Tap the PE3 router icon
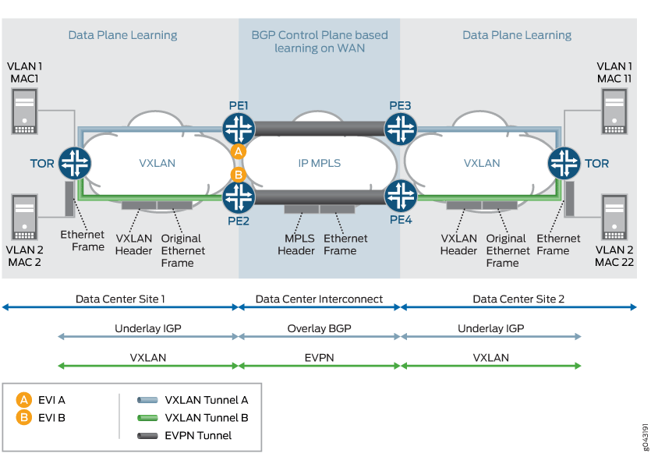pyautogui.click(x=401, y=128)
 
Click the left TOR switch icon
pyautogui.click(x=76, y=164)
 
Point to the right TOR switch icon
pyautogui.click(x=564, y=164)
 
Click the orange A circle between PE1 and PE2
pyautogui.click(x=239, y=152)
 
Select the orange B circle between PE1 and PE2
pyautogui.click(x=239, y=174)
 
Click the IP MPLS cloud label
pyautogui.click(x=320, y=164)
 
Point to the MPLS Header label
pyautogui.click(x=296, y=245)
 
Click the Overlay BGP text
pyautogui.click(x=319, y=329)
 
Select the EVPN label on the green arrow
pyautogui.click(x=319, y=358)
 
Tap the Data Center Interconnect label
pyautogui.click(x=319, y=299)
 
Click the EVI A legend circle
pyautogui.click(x=24, y=399)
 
